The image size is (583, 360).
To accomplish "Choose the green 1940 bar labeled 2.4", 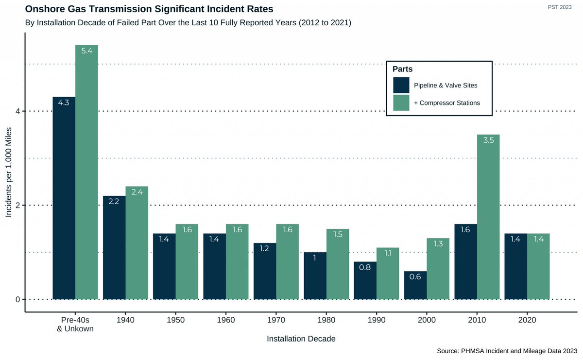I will pos(137,242).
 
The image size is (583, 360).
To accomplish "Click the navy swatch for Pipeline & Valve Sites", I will pos(401,86).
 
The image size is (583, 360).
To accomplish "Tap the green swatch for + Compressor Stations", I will pos(401,103).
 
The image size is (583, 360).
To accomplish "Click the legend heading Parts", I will pos(403,69).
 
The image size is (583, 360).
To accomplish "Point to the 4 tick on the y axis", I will pos(17,111).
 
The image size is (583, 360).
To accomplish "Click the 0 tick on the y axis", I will pos(17,299).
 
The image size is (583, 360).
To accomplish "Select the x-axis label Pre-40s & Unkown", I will pos(75,324).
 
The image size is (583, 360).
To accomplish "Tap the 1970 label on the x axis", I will pos(276,320).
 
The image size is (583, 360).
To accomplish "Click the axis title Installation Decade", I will pos(301,339).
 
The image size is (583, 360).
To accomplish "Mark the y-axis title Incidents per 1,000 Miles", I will pos(8,172).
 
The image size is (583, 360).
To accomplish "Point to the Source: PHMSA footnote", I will pos(507,350).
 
